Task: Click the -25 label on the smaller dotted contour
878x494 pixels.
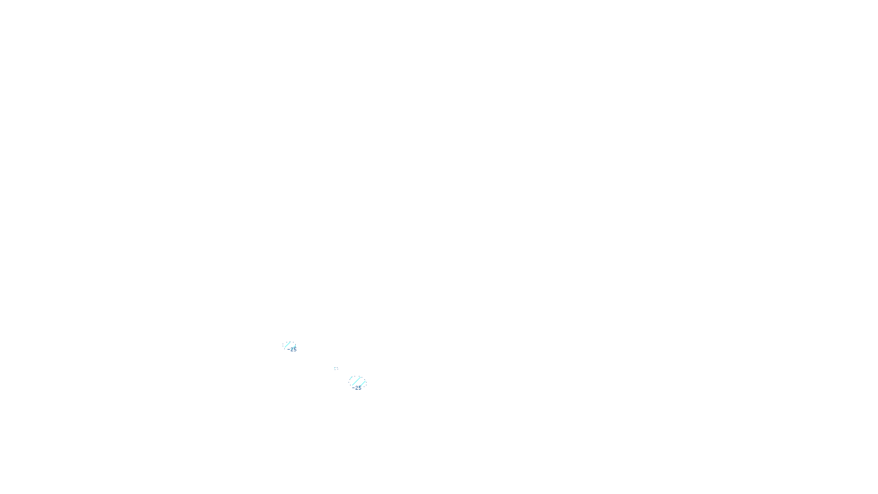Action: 292,349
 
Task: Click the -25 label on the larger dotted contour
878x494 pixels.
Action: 357,388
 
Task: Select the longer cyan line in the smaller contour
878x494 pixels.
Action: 288,345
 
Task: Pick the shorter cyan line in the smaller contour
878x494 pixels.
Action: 294,347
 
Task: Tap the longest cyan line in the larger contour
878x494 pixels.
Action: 356,381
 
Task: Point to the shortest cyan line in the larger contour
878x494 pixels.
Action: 351,378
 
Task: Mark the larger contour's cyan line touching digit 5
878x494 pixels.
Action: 363,384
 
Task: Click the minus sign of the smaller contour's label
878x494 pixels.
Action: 289,349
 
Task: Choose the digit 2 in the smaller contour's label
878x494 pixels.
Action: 292,349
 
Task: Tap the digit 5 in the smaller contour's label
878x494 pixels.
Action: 295,349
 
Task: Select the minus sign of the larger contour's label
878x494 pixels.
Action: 353,388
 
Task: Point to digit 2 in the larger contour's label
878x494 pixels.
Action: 357,388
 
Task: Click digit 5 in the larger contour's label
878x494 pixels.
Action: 360,388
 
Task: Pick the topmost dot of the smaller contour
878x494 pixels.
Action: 290,342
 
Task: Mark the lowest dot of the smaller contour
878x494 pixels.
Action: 285,349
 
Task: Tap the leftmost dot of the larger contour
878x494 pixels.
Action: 349,382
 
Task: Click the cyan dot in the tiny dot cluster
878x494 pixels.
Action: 334,368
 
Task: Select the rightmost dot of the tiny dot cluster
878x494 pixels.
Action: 338,369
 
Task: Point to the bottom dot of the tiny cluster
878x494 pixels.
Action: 335,370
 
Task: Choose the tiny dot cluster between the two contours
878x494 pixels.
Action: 336,368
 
